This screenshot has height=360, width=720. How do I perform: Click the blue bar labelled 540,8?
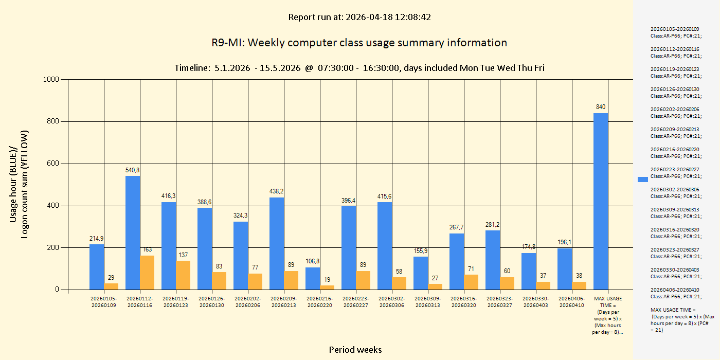[133, 232]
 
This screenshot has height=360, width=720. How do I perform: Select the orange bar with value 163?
[147, 273]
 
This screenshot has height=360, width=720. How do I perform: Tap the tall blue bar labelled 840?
[601, 201]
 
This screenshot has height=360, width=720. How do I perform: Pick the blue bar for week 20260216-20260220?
[313, 278]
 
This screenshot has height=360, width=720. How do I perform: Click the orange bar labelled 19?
[327, 287]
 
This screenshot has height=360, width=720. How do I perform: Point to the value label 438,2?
[277, 191]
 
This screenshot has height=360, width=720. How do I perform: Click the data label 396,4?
[349, 200]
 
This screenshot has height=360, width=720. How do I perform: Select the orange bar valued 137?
[183, 275]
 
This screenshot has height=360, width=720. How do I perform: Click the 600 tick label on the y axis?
[53, 164]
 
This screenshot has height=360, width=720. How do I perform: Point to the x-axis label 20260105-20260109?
[104, 302]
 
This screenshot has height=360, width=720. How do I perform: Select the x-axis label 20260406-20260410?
[572, 302]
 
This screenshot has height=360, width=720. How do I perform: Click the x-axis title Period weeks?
[355, 350]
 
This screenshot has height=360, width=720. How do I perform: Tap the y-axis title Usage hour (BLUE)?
[14, 184]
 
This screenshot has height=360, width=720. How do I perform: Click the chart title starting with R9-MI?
[359, 43]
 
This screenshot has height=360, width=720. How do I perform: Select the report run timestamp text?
[359, 17]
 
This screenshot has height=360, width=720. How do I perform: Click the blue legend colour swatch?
[643, 179]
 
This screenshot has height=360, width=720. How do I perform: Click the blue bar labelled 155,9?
[421, 273]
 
